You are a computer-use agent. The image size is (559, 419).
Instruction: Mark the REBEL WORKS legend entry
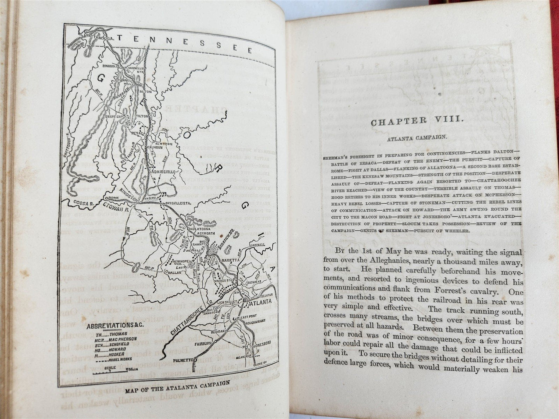pyautogui.click(x=118, y=359)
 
